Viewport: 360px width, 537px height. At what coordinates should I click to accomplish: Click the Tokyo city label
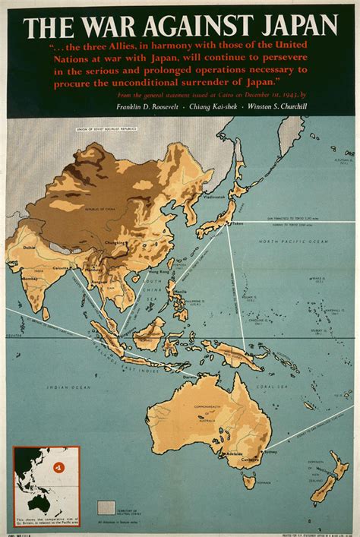[238, 223]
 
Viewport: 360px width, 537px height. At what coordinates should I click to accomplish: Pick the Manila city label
[179, 291]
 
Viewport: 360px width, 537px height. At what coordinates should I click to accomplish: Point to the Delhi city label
[30, 247]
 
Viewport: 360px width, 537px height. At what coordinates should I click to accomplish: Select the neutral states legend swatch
[106, 507]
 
